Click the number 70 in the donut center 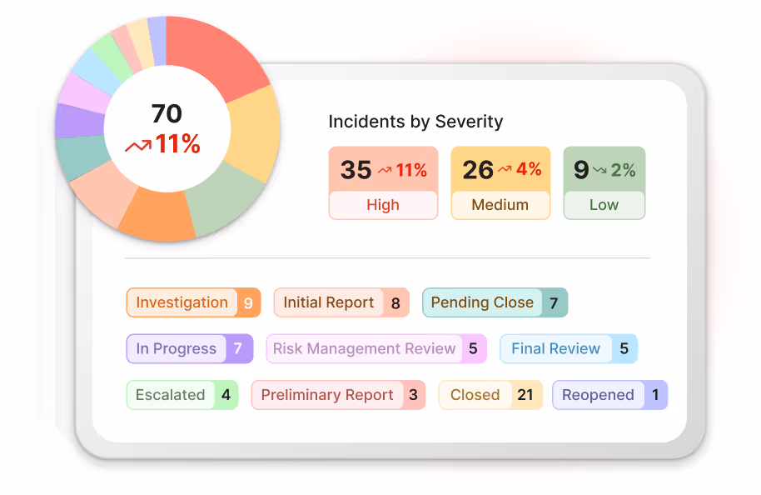pyautogui.click(x=167, y=113)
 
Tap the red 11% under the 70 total pyautogui.click(x=177, y=144)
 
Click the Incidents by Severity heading pyautogui.click(x=415, y=122)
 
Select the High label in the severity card pyautogui.click(x=383, y=205)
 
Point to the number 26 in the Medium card pyautogui.click(x=478, y=170)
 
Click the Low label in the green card pyautogui.click(x=604, y=205)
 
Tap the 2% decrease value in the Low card pyautogui.click(x=623, y=170)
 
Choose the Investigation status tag pyautogui.click(x=182, y=302)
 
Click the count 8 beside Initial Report pyautogui.click(x=395, y=303)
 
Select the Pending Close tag pyautogui.click(x=482, y=302)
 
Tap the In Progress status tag pyautogui.click(x=177, y=349)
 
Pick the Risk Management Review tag pyautogui.click(x=365, y=349)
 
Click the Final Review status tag pyautogui.click(x=555, y=349)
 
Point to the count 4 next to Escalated pyautogui.click(x=226, y=395)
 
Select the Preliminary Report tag pyautogui.click(x=327, y=395)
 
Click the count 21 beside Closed pyautogui.click(x=525, y=395)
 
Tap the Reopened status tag pyautogui.click(x=598, y=395)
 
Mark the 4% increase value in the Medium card pyautogui.click(x=529, y=170)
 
